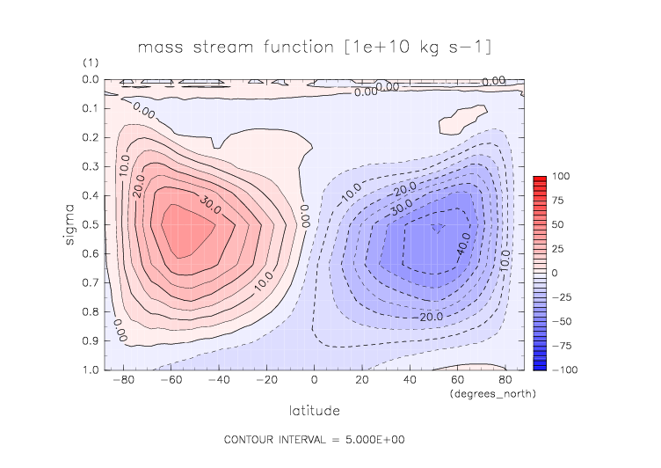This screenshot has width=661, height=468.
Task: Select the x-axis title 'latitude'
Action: pyautogui.click(x=315, y=410)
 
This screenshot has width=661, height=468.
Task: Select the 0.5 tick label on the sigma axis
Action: pyautogui.click(x=91, y=224)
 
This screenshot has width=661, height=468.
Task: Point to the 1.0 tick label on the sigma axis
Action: pyautogui.click(x=91, y=369)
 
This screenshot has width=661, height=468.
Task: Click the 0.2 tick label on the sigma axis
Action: pyautogui.click(x=91, y=137)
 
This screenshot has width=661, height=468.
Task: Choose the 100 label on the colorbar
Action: pyautogui.click(x=561, y=178)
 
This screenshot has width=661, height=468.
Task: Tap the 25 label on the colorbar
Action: pyautogui.click(x=558, y=249)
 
